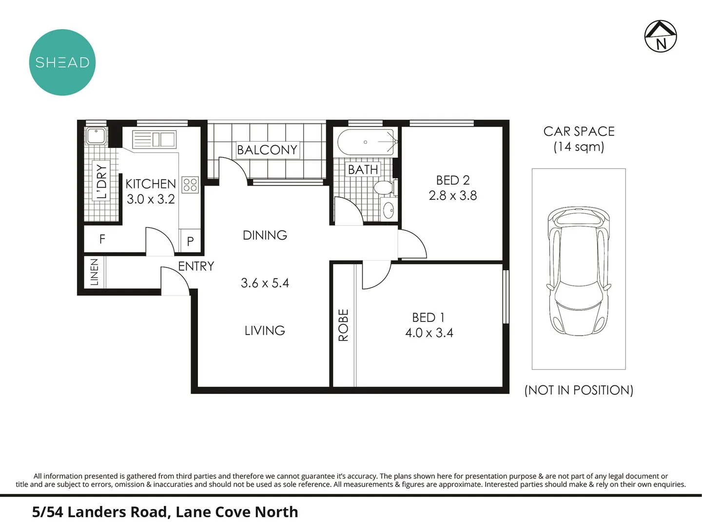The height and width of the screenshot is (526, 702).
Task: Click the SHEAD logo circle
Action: coord(62,62)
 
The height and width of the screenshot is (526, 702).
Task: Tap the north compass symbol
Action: coord(661,36)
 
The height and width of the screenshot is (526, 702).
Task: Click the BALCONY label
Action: coord(267,150)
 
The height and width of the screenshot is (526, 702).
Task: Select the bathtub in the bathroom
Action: coord(366,142)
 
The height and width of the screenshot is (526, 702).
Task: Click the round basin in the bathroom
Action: coord(389,210)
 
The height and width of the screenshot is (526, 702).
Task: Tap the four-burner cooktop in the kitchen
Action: coord(190,185)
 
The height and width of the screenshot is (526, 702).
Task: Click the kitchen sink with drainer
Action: coord(154,139)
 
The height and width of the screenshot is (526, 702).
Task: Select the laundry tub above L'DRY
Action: coord(96,136)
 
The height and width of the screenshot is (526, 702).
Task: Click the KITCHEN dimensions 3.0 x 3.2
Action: coord(151,199)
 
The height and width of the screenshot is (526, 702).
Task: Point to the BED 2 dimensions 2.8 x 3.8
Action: coord(452,196)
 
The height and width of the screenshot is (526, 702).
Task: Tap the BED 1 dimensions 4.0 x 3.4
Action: coord(429,333)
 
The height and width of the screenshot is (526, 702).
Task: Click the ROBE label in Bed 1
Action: coord(343,325)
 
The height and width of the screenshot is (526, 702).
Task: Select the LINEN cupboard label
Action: coord(95,272)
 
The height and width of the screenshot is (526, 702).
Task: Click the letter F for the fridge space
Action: coord(102,239)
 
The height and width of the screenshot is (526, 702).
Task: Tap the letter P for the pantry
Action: coord(190,241)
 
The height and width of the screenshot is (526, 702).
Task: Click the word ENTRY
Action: coord(196,266)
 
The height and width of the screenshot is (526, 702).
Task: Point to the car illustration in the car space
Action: coord(578,271)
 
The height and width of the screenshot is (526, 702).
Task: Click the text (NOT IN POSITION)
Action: coord(579,390)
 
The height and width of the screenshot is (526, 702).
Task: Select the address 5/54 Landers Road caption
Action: coord(165,512)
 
